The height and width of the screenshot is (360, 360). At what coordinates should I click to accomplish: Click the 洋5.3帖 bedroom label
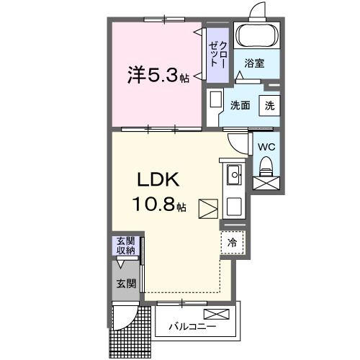pos(158,75)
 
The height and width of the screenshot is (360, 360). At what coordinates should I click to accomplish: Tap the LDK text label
pos(158,179)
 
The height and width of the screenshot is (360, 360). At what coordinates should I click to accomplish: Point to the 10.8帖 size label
pos(159,204)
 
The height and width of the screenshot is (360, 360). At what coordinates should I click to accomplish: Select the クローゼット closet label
pos(218,54)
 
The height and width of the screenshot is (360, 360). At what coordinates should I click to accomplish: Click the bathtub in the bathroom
pos(257,35)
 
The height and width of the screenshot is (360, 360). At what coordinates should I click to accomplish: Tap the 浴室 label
pos(254,63)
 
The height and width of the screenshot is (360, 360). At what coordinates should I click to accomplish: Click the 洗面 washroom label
pos(240,105)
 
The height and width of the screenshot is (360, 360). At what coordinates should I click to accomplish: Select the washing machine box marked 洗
pos(269,105)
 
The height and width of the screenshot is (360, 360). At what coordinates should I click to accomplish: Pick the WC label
pos(266,147)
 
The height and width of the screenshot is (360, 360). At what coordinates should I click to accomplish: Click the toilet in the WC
pos(266,166)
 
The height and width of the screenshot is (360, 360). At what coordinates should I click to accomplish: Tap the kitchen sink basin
pos(233,175)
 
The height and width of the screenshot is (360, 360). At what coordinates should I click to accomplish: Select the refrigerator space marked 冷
pos(233,243)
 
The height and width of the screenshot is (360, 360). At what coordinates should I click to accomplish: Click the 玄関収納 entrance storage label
pos(126,246)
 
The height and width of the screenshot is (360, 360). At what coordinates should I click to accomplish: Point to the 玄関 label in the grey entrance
pos(126,284)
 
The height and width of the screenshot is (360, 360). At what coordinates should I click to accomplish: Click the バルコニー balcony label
pos(192,326)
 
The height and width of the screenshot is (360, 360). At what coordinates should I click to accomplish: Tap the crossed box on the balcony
pos(216,314)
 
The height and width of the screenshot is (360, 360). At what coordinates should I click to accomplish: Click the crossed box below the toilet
pos(266,183)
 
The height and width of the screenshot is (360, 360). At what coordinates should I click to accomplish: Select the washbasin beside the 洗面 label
pos(215,99)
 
